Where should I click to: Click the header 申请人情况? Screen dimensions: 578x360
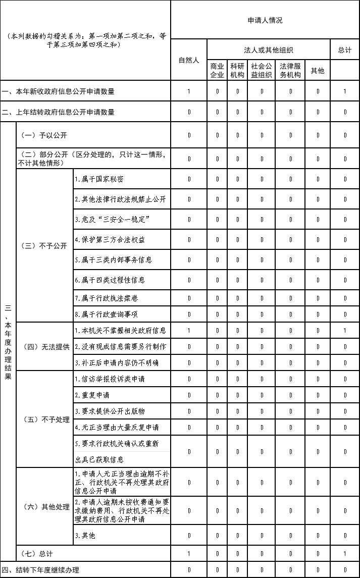point(265,21)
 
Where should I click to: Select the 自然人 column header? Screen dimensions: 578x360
point(189,60)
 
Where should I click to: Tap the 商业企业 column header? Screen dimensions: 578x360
point(217,71)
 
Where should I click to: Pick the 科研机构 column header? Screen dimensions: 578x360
point(237,71)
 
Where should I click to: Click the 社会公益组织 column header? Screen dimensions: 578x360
point(262,71)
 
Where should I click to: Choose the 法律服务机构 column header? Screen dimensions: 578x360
point(290,71)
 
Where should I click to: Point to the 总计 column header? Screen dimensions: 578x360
point(345,50)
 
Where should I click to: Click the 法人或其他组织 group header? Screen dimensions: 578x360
point(269,50)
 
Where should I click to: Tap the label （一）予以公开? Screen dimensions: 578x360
point(43,135)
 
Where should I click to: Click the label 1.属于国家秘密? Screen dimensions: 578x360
point(99,179)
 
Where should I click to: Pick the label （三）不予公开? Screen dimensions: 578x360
point(44,246)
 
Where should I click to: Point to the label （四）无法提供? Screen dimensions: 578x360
point(44,347)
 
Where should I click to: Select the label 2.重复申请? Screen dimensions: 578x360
point(92,395)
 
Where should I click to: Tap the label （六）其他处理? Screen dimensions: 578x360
point(44,506)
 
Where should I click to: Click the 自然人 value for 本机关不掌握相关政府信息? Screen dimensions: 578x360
point(189,331)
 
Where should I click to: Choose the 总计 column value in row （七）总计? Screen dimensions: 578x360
point(345,554)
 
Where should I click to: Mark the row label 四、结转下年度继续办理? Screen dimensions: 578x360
point(40,570)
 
